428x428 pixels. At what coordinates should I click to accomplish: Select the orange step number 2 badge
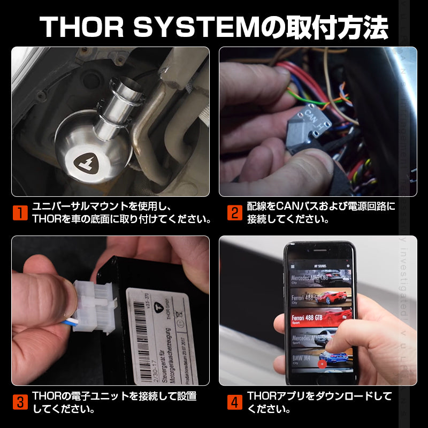[234, 213]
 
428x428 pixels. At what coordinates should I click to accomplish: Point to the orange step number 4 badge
[234, 402]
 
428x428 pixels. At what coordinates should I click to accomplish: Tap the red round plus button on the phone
[322, 364]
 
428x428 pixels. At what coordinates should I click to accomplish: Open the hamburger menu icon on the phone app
[293, 266]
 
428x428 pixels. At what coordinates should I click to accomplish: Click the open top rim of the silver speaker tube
[125, 84]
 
